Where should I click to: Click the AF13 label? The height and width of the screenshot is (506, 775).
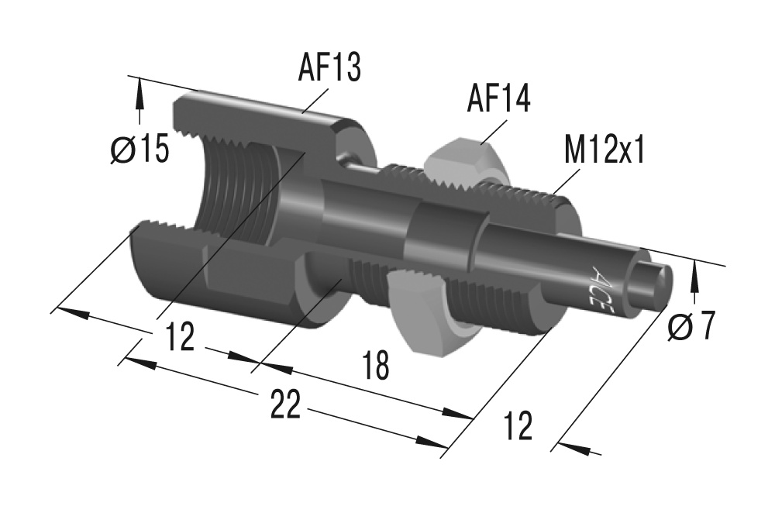329,68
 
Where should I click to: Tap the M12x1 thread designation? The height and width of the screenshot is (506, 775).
604,150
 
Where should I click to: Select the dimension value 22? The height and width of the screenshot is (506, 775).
284,405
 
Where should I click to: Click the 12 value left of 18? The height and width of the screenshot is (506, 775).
179,338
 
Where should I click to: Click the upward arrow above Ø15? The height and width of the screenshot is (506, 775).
139,101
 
